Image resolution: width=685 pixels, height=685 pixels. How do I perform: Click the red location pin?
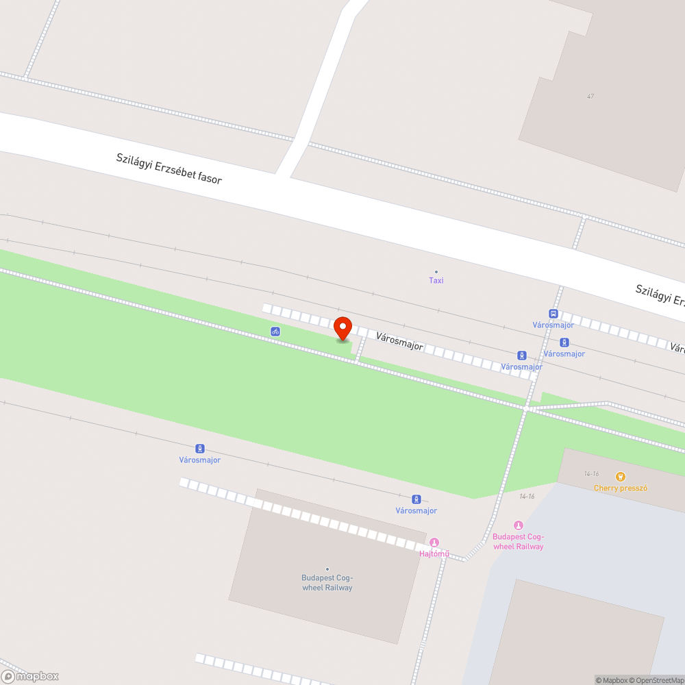pyautogui.click(x=342, y=327)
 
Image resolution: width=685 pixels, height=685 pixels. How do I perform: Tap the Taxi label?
pyautogui.click(x=436, y=281)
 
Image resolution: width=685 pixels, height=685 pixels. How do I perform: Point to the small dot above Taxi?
pyautogui.click(x=436, y=272)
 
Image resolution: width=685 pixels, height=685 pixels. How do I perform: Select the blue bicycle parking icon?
pyautogui.click(x=275, y=332)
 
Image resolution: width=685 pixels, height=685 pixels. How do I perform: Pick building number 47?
pyautogui.click(x=590, y=97)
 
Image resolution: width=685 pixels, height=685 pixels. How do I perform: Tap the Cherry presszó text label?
pyautogui.click(x=621, y=488)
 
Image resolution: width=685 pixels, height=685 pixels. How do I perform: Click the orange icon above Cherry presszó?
pyautogui.click(x=621, y=477)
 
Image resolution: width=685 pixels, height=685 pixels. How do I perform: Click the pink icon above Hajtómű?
pyautogui.click(x=434, y=543)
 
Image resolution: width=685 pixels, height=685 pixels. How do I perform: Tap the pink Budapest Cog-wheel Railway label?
pyautogui.click(x=518, y=542)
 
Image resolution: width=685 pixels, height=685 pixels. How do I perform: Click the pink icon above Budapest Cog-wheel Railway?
pyautogui.click(x=518, y=525)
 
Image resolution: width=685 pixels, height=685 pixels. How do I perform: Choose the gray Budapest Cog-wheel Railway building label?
pyautogui.click(x=327, y=583)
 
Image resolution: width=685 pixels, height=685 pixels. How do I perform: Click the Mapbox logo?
pyautogui.click(x=30, y=676)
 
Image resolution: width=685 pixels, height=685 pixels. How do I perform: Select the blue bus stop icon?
pyautogui.click(x=553, y=314)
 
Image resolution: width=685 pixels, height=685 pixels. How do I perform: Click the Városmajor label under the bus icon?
pyautogui.click(x=553, y=325)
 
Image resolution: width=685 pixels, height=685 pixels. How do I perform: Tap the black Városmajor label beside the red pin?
pyautogui.click(x=399, y=341)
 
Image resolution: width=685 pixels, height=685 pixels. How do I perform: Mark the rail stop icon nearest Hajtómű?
pyautogui.click(x=416, y=499)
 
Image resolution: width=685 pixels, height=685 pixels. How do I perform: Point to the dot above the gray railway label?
pyautogui.click(x=327, y=569)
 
